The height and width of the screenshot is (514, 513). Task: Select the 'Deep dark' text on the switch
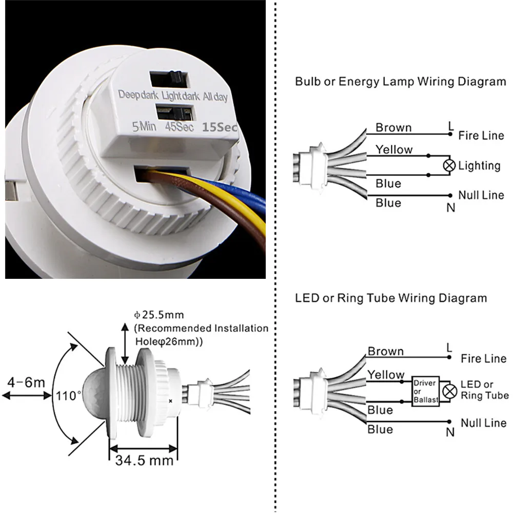click(139, 95)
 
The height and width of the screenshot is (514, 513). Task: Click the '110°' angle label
click(69, 396)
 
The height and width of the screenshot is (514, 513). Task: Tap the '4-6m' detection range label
click(26, 382)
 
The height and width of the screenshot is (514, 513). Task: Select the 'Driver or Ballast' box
click(424, 391)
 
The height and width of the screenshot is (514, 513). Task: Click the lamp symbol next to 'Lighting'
click(450, 165)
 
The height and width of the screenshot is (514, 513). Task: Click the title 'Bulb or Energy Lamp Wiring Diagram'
click(400, 82)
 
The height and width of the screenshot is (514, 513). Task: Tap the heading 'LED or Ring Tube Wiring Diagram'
click(391, 298)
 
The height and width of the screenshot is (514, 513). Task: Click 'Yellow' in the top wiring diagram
click(393, 149)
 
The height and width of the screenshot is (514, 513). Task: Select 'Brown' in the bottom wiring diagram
click(385, 351)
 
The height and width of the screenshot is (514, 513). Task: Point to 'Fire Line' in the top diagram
click(482, 136)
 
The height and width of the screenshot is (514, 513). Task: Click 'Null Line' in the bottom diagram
click(483, 423)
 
